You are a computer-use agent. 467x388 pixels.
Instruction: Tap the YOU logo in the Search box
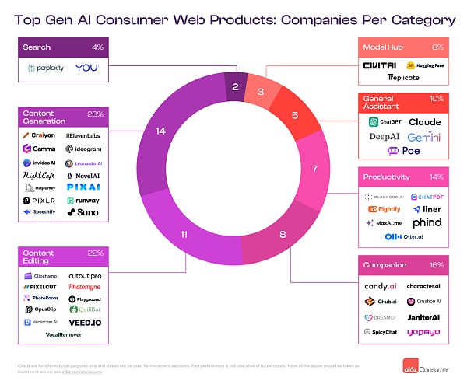(87, 68)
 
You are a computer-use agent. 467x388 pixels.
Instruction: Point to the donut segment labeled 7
(314, 168)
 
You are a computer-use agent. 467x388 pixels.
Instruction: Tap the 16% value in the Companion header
(435, 265)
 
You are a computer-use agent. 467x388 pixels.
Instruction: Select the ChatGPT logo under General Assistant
(384, 122)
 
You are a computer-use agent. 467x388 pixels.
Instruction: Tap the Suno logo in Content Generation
(83, 212)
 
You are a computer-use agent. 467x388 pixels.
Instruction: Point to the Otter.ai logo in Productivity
(402, 236)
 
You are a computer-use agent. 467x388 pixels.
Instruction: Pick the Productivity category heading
(386, 177)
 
